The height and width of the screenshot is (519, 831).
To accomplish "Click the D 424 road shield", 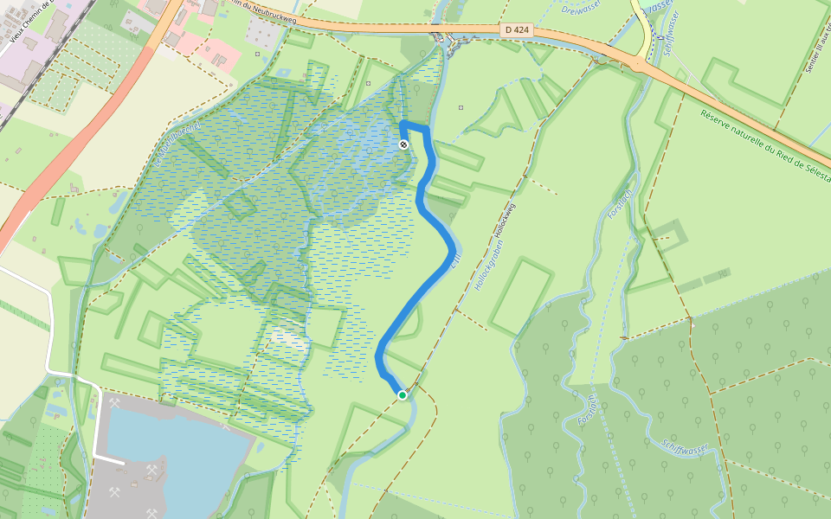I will point(516,30).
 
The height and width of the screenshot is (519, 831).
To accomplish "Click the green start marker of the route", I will point(403,395).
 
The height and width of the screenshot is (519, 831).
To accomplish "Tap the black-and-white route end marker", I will point(403,144).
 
